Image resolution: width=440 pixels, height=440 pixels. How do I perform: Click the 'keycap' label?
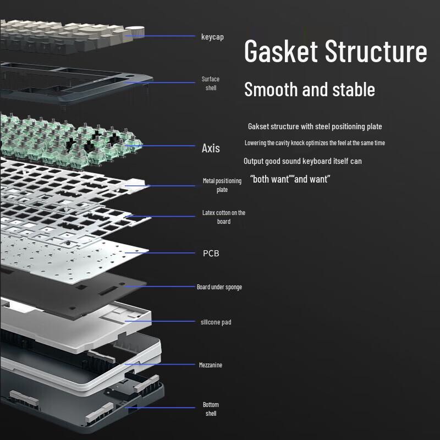click(x=212, y=37)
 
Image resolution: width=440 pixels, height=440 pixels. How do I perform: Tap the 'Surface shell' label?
click(x=210, y=84)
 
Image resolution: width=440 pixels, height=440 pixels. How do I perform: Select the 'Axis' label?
click(x=211, y=148)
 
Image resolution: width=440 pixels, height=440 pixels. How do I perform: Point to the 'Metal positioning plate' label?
click(x=222, y=185)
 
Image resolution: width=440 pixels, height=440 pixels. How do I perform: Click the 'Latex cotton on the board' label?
click(x=223, y=217)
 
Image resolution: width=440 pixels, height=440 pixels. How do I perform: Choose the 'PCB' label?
click(x=211, y=254)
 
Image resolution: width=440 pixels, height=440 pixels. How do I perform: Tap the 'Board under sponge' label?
click(x=219, y=287)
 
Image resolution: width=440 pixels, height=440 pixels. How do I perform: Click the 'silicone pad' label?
click(x=216, y=322)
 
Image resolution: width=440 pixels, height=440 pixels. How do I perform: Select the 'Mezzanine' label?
click(x=211, y=365)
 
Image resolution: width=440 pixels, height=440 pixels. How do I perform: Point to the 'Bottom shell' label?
click(x=211, y=409)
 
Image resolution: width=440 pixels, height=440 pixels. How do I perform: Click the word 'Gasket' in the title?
click(x=281, y=51)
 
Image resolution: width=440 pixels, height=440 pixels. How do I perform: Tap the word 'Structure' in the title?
click(x=376, y=51)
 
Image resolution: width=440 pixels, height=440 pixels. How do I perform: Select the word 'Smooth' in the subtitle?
click(x=271, y=89)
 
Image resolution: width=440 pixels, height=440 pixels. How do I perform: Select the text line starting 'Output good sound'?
click(x=302, y=161)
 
